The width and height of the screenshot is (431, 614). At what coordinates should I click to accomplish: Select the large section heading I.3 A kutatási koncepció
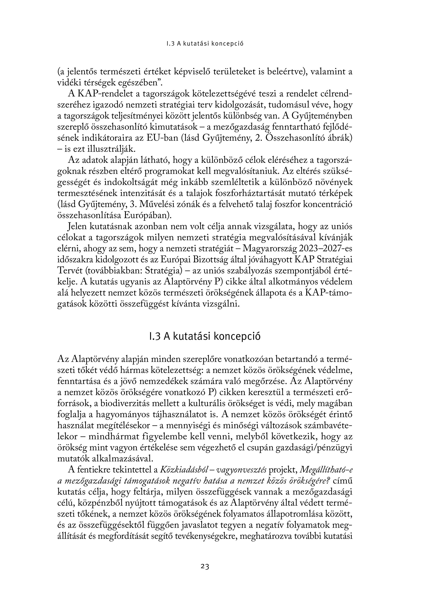click(205, 336)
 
